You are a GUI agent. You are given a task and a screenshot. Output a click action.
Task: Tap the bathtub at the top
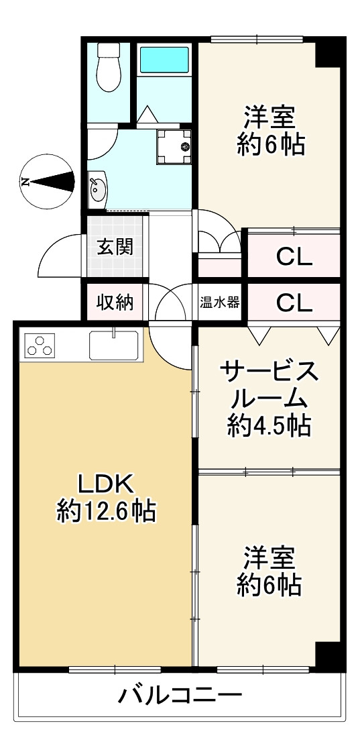click(164, 60)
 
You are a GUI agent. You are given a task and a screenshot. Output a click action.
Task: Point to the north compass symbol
click(47, 181)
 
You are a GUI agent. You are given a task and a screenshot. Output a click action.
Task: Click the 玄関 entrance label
click(115, 247)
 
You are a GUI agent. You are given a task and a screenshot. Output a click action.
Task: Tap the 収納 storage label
click(115, 303)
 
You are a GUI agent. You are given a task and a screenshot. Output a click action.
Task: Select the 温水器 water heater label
click(219, 303)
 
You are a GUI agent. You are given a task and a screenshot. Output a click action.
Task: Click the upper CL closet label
click(294, 257)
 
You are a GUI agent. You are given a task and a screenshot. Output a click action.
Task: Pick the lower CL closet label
click(294, 303)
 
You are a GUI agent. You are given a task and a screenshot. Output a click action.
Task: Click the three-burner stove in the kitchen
click(39, 345)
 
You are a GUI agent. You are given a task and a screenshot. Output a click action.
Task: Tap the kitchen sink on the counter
click(114, 345)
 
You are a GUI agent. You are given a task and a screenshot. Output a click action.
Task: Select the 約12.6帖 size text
click(106, 513)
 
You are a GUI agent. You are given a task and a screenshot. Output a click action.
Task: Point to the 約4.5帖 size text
click(268, 425)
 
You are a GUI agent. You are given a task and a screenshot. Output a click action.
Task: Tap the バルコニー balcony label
click(180, 696)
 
